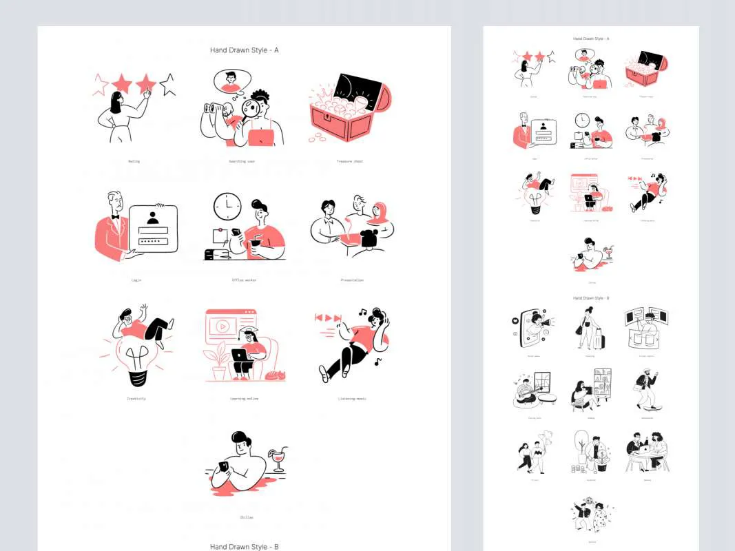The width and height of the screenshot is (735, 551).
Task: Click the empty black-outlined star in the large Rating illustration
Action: pyautogui.click(x=167, y=85)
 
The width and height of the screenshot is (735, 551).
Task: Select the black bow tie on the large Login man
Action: pyautogui.click(x=115, y=216)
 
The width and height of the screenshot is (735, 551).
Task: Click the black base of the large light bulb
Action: pyautogui.click(x=136, y=377)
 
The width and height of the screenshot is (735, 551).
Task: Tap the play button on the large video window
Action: pyautogui.click(x=225, y=326)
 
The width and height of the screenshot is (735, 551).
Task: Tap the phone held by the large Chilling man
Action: pyautogui.click(x=223, y=468)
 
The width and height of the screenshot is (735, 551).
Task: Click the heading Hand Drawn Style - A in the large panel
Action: pyautogui.click(x=244, y=50)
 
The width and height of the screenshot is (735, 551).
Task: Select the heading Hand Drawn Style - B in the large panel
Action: pyautogui.click(x=244, y=546)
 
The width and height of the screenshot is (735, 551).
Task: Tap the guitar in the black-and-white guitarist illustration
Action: pyautogui.click(x=524, y=395)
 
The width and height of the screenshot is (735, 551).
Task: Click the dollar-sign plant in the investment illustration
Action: pyautogui.click(x=602, y=455)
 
